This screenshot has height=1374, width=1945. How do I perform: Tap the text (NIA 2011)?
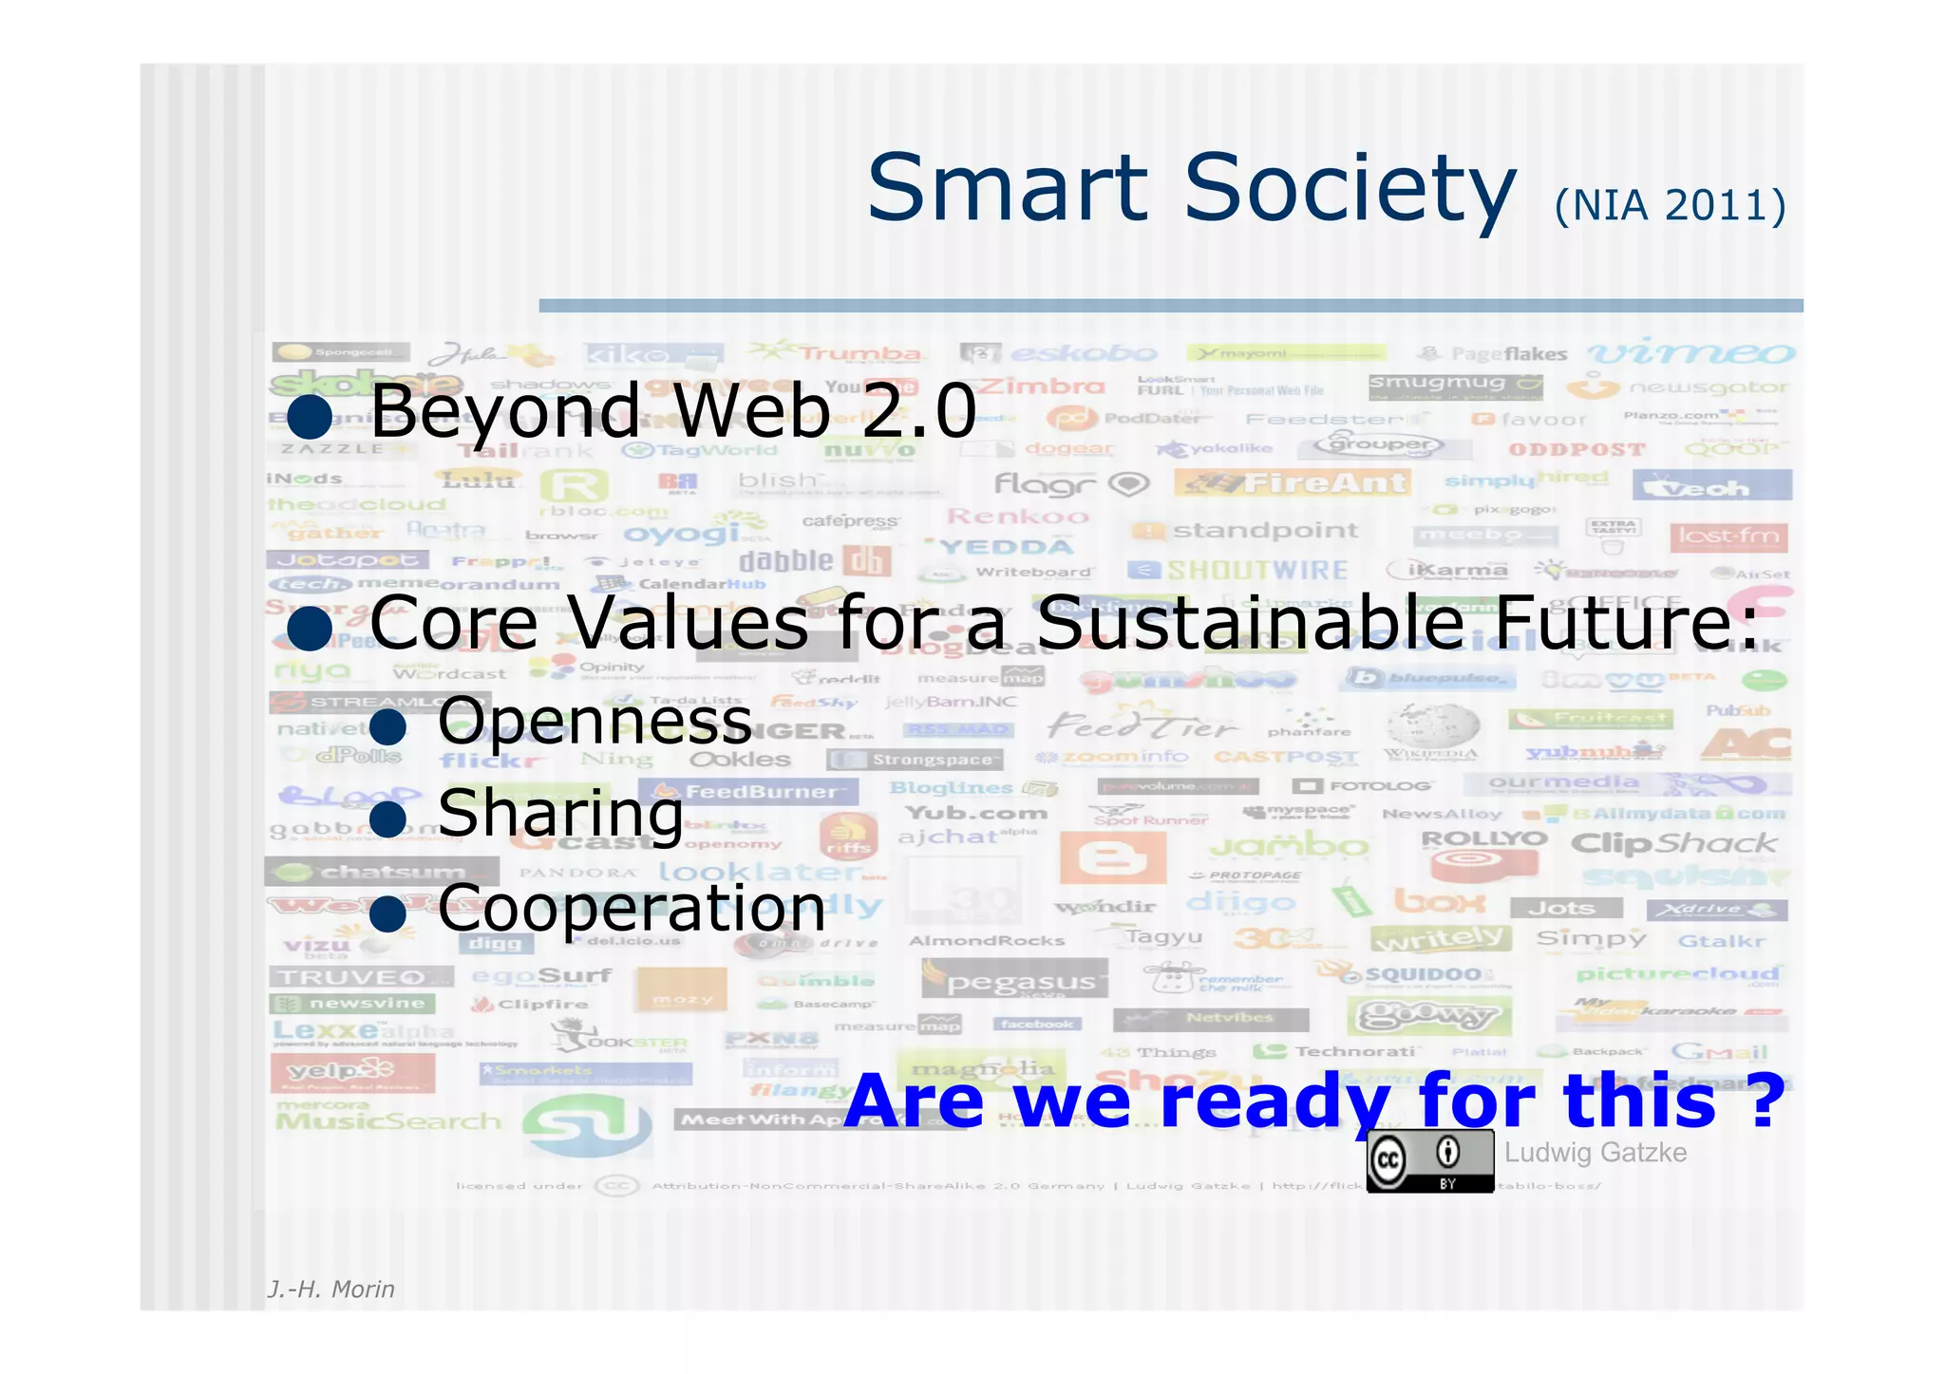pos(1670,205)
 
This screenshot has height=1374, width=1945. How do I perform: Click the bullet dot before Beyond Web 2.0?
pos(310,415)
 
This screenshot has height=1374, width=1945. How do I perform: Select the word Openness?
pos(595,722)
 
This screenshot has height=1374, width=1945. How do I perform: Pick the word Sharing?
pos(560,814)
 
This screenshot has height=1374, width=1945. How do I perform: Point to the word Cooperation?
pos(632,909)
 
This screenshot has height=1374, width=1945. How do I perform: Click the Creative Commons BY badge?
pos(1429,1161)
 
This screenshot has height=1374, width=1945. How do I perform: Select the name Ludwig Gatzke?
pos(1596,1153)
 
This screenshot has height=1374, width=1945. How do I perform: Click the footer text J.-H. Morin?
pos(330,1289)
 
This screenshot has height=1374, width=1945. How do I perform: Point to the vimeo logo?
pos(1690,354)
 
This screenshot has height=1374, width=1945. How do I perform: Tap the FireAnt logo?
pos(1293,483)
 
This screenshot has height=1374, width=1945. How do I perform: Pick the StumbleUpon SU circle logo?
pos(587,1125)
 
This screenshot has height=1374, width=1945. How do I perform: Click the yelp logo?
pos(351,1073)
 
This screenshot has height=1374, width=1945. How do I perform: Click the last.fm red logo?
pos(1728,536)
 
